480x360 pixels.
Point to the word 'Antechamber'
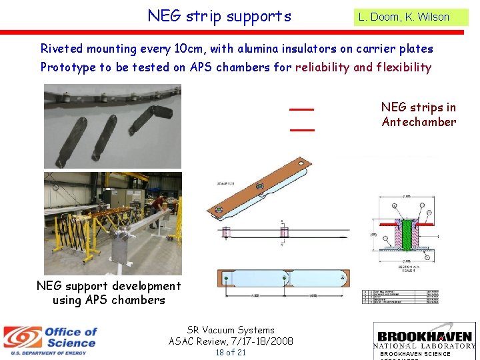pyautogui.click(x=419, y=122)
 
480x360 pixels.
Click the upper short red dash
pyautogui.click(x=302, y=109)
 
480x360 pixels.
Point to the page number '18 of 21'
pyautogui.click(x=231, y=352)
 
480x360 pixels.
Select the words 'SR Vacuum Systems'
pyautogui.click(x=231, y=330)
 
